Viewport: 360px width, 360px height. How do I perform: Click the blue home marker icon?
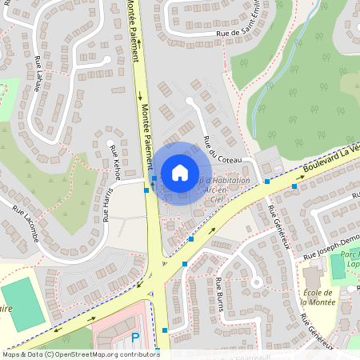(x=180, y=172)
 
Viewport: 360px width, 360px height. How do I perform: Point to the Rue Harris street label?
(x=106, y=204)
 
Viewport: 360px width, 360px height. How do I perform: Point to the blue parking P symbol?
(x=135, y=338)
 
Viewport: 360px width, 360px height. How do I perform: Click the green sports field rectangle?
(x=23, y=303)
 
